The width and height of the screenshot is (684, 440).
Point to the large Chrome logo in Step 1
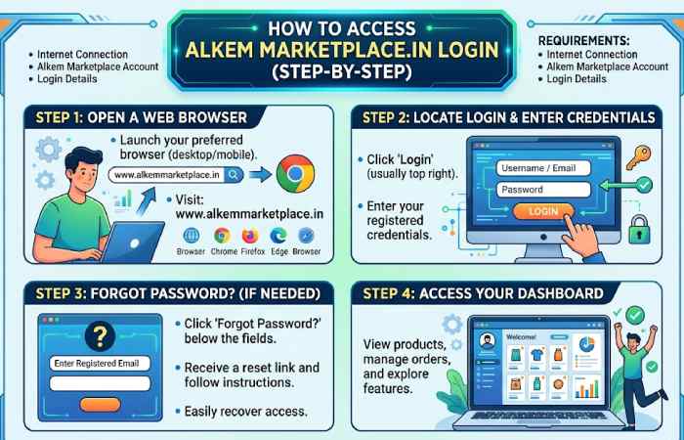coord(295,175)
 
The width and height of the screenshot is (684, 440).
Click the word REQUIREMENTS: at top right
coord(585,39)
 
